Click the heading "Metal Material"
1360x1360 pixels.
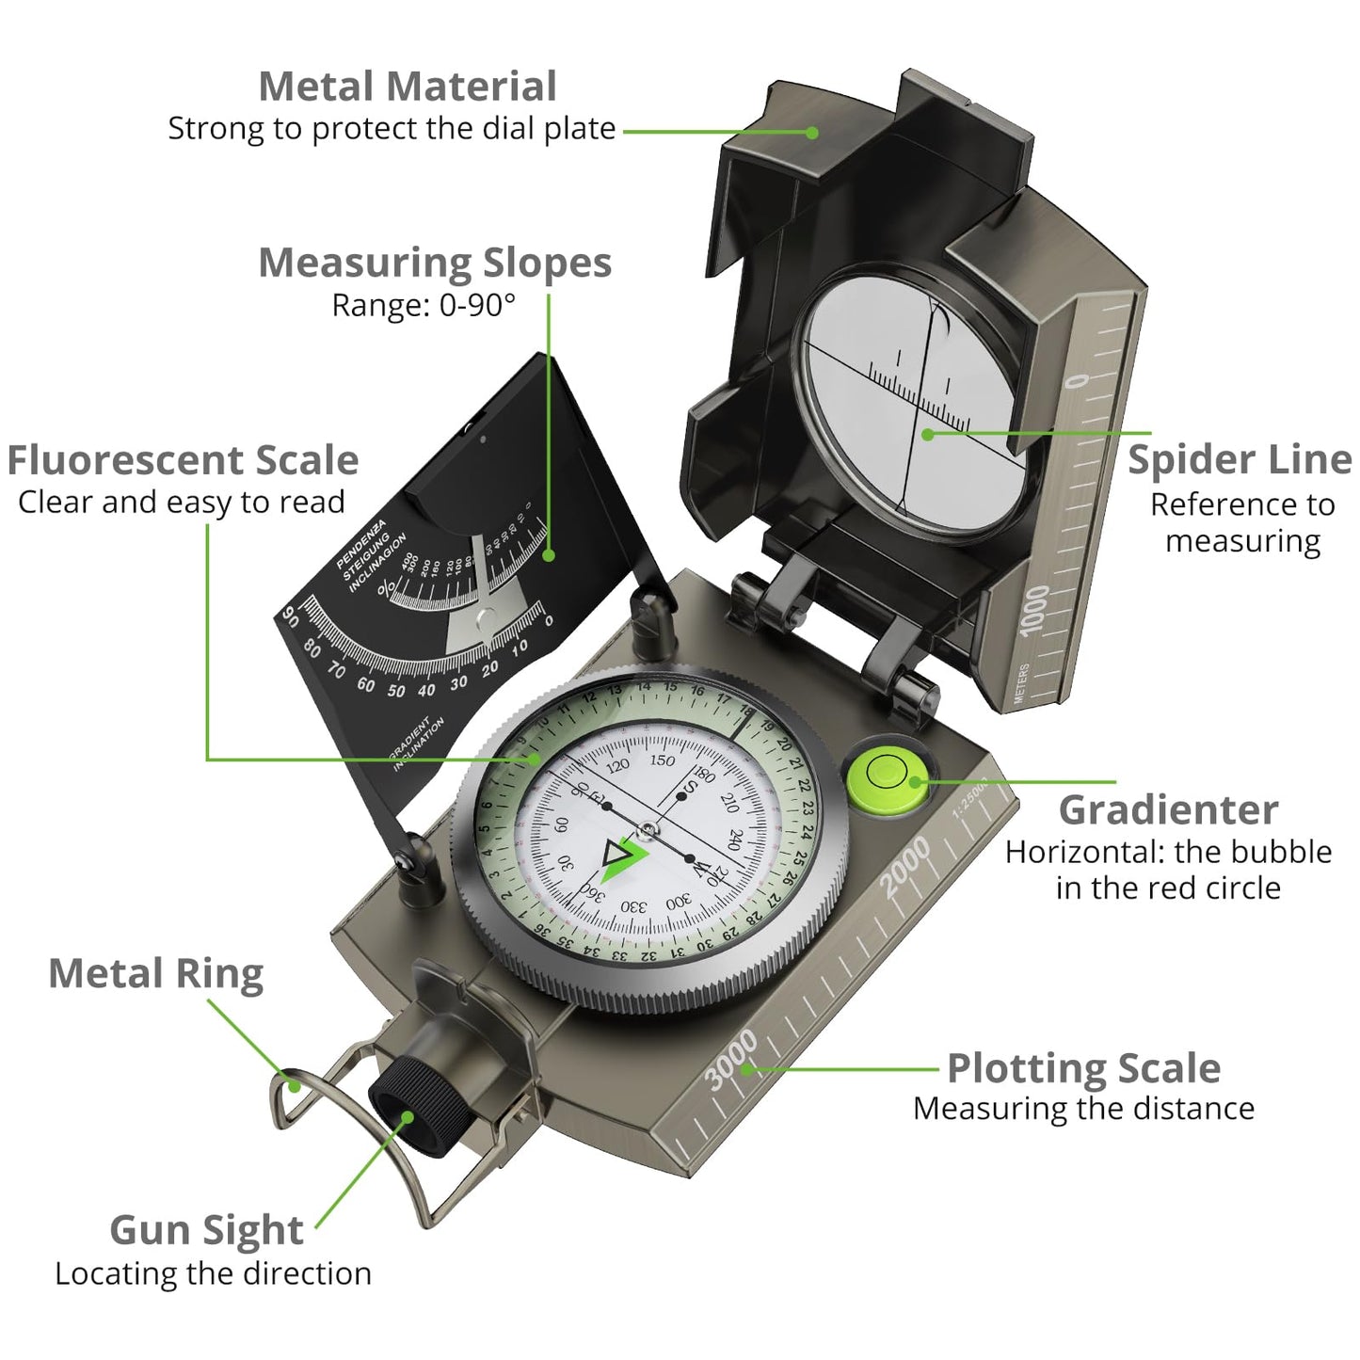point(407,87)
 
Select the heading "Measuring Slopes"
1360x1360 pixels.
point(434,263)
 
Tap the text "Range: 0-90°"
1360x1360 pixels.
point(424,305)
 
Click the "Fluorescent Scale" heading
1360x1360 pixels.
point(183,460)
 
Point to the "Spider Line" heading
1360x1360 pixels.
point(1240,459)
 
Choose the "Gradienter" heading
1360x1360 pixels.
point(1167,809)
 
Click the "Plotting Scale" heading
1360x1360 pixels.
point(1083,1067)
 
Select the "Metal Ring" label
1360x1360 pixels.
point(155,973)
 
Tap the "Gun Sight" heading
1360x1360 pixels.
point(206,1229)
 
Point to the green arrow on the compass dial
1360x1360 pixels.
point(623,857)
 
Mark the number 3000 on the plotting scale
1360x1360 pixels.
point(731,1059)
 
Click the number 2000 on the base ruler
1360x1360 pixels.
point(904,867)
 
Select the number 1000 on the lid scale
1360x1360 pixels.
point(1034,609)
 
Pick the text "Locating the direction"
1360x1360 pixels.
point(213,1273)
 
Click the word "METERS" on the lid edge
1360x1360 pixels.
point(1022,682)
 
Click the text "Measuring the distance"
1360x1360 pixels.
point(1083,1109)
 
